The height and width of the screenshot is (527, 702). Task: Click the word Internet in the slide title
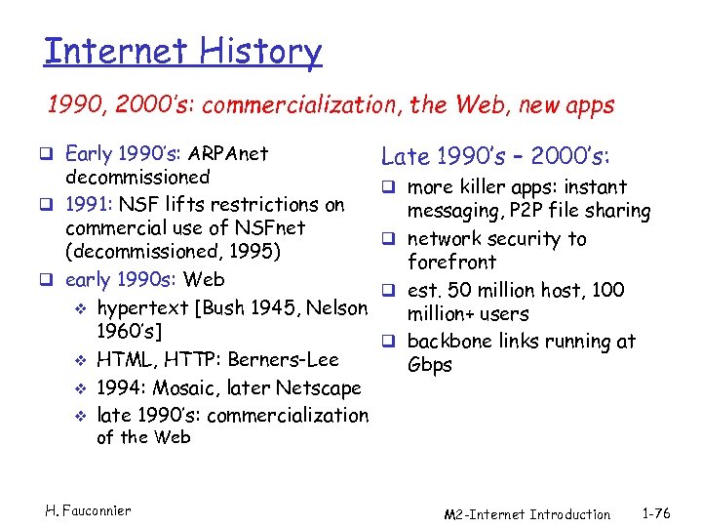(116, 51)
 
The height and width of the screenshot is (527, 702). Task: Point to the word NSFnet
(270, 227)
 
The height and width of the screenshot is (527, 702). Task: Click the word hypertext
(142, 309)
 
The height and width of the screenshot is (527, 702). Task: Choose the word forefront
(451, 263)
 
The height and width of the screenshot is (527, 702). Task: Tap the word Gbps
(430, 365)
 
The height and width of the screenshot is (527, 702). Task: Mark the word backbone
(448, 342)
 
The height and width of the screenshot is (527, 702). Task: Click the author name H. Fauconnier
(88, 509)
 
